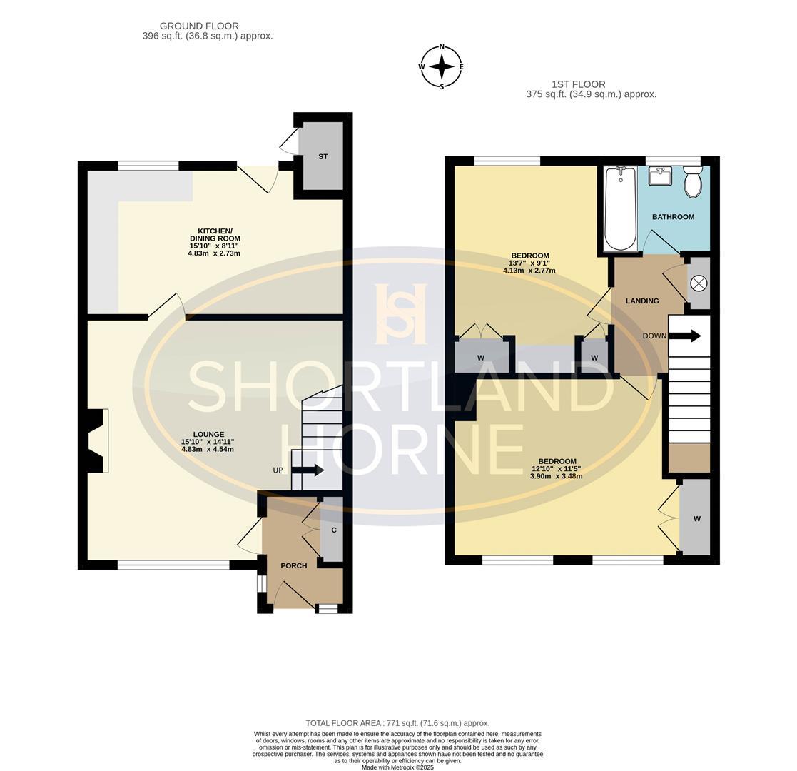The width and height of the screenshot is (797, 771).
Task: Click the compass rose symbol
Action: (x=442, y=66)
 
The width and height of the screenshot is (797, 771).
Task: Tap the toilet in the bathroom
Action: (x=692, y=181)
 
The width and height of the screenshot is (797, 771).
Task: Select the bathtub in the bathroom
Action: (x=620, y=208)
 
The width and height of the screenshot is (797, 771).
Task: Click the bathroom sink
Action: (x=660, y=176)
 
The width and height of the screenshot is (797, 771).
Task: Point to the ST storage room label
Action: (x=323, y=156)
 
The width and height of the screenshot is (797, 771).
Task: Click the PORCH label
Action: (x=294, y=565)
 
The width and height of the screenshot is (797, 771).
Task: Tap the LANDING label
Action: (x=642, y=301)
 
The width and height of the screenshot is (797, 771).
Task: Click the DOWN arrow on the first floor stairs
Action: (x=685, y=336)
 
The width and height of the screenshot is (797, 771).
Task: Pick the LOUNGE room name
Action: (x=208, y=434)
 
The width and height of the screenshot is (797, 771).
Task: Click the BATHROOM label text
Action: (x=673, y=216)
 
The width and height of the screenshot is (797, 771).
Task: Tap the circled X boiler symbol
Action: (x=699, y=283)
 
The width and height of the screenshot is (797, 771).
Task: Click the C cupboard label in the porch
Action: (x=334, y=530)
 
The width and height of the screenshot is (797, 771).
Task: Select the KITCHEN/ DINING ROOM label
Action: (x=215, y=234)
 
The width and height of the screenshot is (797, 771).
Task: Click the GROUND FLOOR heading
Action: (x=199, y=26)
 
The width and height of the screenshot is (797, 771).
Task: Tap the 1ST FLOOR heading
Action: (x=579, y=84)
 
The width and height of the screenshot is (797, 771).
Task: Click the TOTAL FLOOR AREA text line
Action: (x=397, y=722)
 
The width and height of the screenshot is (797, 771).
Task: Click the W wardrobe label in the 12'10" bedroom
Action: (x=697, y=519)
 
